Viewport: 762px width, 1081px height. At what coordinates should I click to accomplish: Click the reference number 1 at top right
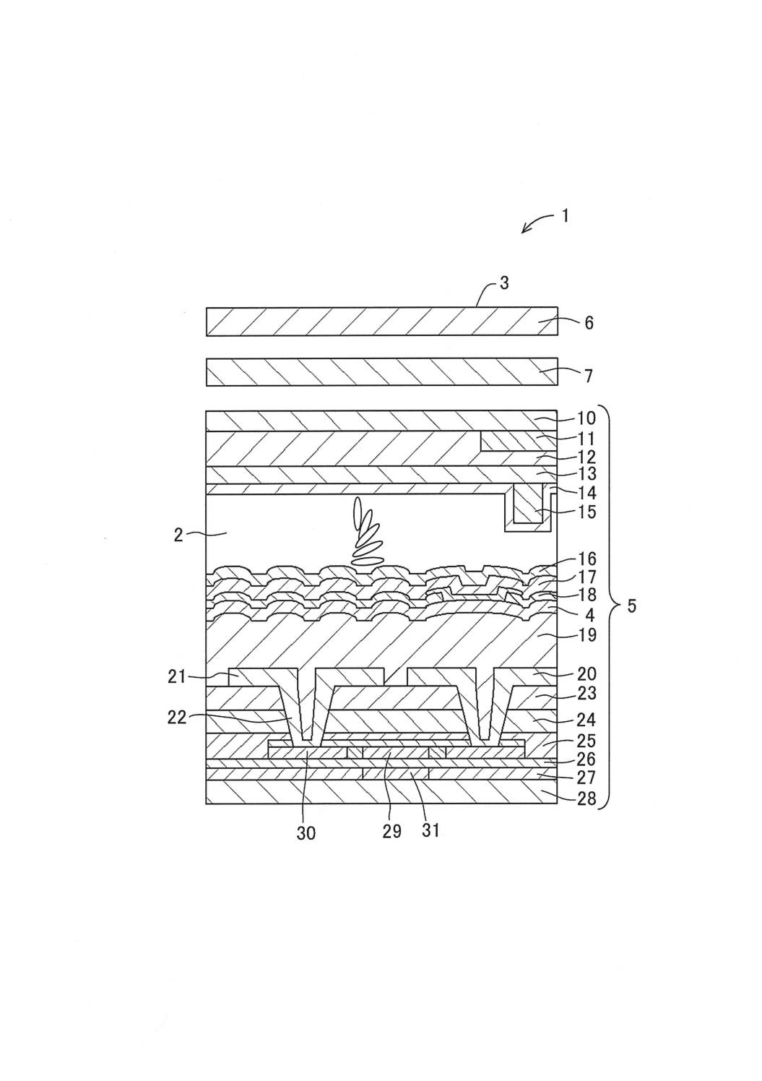click(566, 215)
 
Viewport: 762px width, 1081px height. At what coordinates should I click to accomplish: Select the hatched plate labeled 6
click(381, 322)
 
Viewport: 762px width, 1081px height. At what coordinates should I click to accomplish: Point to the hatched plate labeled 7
click(381, 372)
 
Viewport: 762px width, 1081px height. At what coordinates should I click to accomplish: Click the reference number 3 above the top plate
click(504, 283)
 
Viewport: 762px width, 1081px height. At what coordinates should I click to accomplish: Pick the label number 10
click(586, 418)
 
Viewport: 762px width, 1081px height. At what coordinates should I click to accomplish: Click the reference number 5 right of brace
click(631, 606)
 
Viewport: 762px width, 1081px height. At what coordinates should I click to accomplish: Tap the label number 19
click(586, 637)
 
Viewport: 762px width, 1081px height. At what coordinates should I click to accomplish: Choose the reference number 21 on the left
click(176, 677)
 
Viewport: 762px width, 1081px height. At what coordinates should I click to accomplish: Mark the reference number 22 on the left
click(176, 718)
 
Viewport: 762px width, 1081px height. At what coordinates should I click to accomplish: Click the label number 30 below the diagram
click(306, 833)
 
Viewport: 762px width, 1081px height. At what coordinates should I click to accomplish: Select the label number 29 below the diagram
click(391, 831)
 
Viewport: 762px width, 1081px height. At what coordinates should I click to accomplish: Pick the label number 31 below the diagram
click(430, 831)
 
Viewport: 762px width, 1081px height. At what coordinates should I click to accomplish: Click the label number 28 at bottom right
click(586, 799)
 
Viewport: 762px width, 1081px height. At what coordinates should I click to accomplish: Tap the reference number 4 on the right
click(589, 616)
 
